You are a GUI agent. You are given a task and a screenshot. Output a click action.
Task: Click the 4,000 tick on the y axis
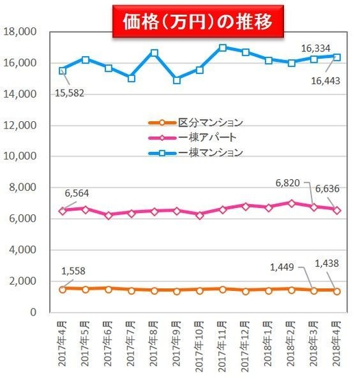pyautogui.click(x=23, y=250)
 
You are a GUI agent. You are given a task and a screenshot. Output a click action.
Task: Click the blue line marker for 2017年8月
pyautogui.click(x=155, y=53)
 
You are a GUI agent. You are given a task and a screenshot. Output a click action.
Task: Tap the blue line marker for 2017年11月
pyautogui.click(x=223, y=48)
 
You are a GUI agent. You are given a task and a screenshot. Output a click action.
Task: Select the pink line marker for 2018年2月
pyautogui.click(x=292, y=203)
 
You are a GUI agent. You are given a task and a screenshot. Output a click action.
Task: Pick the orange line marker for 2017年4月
pyautogui.click(x=63, y=289)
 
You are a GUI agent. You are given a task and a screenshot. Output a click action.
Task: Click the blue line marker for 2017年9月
pyautogui.click(x=177, y=80)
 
